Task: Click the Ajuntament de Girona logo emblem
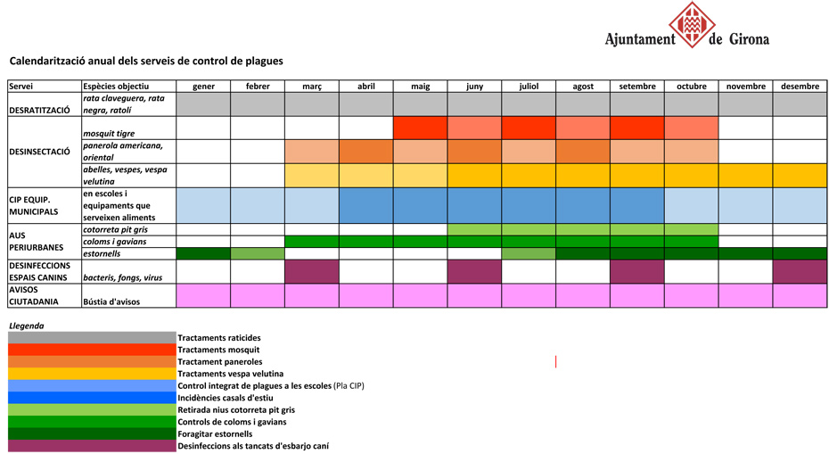tap(693, 25)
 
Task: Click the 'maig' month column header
tap(420, 87)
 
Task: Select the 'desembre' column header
tap(800, 87)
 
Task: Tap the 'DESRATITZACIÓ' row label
tap(39, 110)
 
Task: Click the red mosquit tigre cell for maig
tap(420, 128)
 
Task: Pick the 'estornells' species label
tap(103, 253)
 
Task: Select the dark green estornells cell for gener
tap(203, 253)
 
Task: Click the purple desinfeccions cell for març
tap(312, 271)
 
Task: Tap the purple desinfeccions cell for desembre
tap(800, 271)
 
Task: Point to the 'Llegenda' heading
tap(26, 326)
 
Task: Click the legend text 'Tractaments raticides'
tap(219, 338)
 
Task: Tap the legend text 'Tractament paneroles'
tap(220, 362)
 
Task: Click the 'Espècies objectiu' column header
tap(117, 87)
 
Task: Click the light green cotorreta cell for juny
tap(474, 229)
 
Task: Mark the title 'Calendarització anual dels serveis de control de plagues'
tap(146, 61)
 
